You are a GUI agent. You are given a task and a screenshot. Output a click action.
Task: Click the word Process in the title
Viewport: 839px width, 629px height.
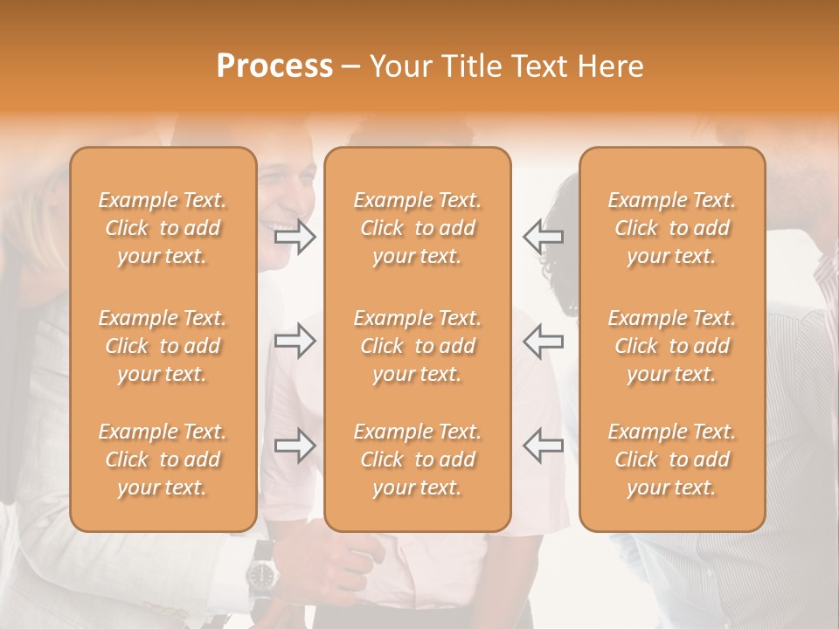coord(274,66)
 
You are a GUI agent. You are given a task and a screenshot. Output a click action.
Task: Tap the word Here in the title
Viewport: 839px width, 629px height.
coord(609,66)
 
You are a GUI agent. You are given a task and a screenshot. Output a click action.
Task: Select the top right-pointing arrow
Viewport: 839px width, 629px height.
coord(295,237)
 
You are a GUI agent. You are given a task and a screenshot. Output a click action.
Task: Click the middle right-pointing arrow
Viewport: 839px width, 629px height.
coord(295,341)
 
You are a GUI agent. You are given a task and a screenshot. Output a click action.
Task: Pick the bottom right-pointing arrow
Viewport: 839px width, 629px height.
coord(295,446)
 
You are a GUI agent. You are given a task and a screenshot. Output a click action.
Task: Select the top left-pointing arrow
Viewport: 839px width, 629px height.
coord(543,236)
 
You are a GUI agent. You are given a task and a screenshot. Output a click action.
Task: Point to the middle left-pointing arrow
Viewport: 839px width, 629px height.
coord(543,341)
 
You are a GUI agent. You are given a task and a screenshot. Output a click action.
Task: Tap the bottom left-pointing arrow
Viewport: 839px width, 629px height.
coord(543,446)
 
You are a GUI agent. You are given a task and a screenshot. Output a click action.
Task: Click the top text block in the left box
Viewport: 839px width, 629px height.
coord(163,228)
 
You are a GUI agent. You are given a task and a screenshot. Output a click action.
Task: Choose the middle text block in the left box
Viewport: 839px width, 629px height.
coord(163,346)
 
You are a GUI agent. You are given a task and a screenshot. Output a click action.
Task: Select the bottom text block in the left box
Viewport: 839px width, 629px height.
coord(163,460)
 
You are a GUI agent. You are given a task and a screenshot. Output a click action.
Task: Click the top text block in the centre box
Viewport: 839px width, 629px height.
coord(417,228)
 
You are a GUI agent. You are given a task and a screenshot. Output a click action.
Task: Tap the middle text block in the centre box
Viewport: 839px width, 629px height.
coord(417,346)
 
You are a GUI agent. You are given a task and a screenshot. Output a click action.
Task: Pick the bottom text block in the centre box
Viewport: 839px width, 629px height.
coord(417,460)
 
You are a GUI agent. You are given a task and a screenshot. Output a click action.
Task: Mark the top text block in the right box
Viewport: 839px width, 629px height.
coord(671,228)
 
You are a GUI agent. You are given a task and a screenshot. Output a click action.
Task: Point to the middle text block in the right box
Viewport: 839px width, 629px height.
coord(671,346)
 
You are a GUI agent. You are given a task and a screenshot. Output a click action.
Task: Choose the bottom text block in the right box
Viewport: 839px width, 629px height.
coord(671,460)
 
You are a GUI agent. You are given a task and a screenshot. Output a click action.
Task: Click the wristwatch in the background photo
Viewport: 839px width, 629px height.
coord(261,574)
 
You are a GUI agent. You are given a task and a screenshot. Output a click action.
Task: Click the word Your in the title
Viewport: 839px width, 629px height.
coord(400,66)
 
